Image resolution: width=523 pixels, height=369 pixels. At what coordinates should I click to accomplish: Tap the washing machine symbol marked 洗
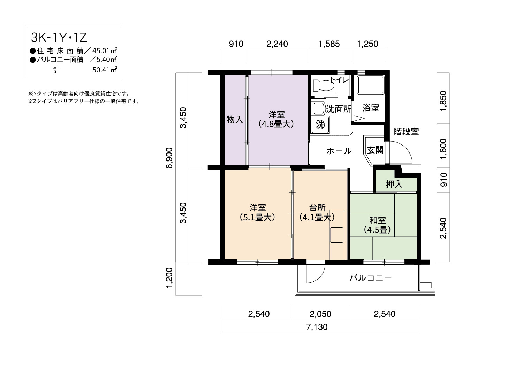click(x=320, y=125)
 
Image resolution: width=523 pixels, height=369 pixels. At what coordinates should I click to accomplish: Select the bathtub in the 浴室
click(x=371, y=85)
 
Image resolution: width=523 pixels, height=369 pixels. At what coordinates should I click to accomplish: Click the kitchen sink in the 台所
click(x=336, y=235)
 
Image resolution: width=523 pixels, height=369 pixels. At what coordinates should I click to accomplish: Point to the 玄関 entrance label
click(x=375, y=150)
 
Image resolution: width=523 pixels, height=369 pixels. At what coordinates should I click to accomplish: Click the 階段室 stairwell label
click(x=406, y=132)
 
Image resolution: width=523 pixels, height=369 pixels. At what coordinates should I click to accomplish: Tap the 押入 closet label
click(x=394, y=184)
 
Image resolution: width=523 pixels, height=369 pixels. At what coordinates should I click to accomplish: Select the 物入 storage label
click(x=235, y=120)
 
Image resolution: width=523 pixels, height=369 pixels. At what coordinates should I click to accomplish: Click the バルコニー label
click(x=371, y=278)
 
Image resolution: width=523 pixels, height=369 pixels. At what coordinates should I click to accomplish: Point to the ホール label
click(x=339, y=151)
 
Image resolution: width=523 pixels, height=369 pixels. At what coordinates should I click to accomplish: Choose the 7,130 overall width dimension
click(x=317, y=327)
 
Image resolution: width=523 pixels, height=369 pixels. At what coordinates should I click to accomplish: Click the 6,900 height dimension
click(x=169, y=158)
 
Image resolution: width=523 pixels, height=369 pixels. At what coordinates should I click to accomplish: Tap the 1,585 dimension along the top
click(x=329, y=44)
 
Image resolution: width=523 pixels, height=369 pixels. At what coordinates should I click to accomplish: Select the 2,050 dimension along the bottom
click(x=320, y=314)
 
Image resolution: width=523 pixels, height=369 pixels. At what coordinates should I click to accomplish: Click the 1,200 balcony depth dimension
click(x=169, y=278)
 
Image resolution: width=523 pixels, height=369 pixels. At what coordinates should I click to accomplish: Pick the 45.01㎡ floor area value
click(x=105, y=50)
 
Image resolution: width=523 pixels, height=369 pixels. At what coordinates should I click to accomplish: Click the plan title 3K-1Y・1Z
click(x=59, y=38)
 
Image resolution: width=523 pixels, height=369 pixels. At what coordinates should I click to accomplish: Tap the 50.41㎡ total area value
click(x=105, y=70)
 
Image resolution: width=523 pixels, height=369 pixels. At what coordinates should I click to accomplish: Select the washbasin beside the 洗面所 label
click(x=318, y=108)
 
